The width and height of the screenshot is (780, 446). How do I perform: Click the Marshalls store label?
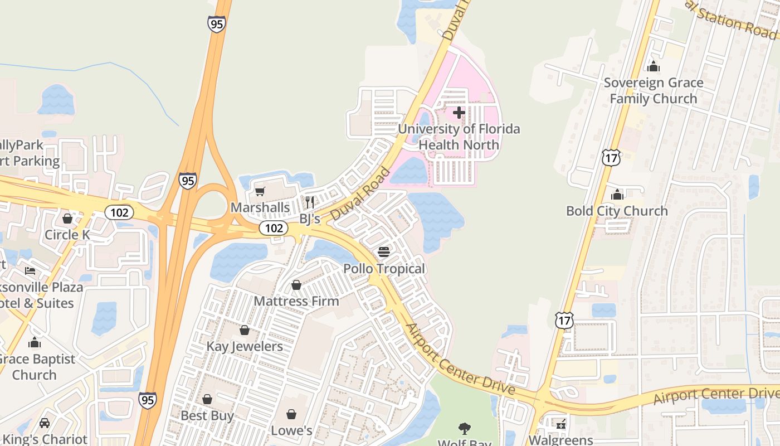260,208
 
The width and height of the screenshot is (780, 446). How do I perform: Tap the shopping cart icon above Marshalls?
260,192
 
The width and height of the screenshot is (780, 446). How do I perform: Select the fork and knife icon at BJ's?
310,202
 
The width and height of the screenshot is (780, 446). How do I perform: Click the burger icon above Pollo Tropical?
384,252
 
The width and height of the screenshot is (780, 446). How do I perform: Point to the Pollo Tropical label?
384,269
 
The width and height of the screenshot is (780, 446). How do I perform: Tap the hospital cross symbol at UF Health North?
459,113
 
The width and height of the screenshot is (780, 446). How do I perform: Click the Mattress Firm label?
296,301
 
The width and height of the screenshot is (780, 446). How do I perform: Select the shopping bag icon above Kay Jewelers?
245,330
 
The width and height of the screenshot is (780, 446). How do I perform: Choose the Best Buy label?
207,415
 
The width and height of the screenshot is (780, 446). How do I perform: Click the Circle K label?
67,235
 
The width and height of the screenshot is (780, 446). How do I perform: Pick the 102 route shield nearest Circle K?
119,212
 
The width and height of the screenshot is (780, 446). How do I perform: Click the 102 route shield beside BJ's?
274,228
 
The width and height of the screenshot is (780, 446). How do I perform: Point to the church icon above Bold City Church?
617,195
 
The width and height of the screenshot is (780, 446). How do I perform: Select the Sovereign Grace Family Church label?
654,91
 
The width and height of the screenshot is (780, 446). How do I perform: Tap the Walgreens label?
560,440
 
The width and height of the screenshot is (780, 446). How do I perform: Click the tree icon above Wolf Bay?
464,428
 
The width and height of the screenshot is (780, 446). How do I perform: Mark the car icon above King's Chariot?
45,423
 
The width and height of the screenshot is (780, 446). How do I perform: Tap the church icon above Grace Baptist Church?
35,342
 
